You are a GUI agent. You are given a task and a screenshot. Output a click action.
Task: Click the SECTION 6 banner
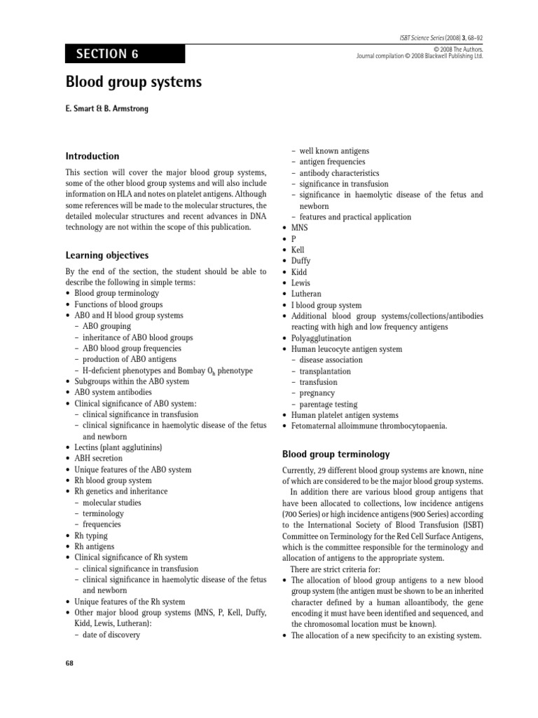coord(125,54)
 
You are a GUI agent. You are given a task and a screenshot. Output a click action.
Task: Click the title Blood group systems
coord(133,83)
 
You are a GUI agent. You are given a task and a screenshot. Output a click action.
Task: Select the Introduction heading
coord(92,156)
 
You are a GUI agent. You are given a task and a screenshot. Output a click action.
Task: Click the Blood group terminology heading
coord(336,454)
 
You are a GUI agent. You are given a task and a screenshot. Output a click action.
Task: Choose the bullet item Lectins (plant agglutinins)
coord(118,447)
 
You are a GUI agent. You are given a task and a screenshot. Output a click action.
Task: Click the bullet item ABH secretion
coord(99,459)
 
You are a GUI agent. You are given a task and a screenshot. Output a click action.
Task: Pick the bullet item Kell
coord(298,250)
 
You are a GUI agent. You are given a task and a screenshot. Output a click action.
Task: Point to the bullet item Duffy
coord(301,261)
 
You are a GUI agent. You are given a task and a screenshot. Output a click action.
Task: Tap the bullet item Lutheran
coord(306,294)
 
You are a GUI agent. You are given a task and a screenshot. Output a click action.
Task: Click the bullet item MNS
coord(299,228)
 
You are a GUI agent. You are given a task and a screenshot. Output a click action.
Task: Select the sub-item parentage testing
coord(329,405)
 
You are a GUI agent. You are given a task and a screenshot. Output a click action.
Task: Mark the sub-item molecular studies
coord(112,503)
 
